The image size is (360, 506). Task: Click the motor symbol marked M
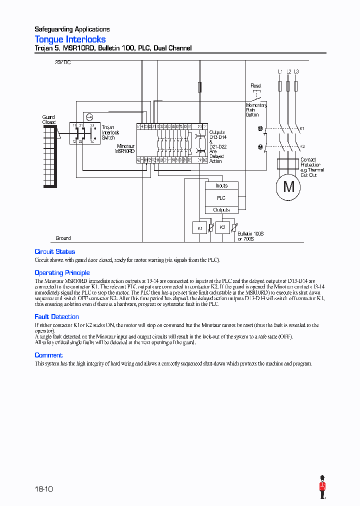pos(289,186)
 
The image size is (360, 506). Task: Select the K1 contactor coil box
pos(199,227)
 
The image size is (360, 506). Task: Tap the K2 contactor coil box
pos(223,227)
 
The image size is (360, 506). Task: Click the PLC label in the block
pos(221,198)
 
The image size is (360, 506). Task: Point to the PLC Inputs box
pos(221,185)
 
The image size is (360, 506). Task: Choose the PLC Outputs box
pos(221,210)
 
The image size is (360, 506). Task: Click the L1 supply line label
pos(280,72)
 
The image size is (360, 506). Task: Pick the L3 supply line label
pos(296,72)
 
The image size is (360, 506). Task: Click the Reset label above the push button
pos(255,86)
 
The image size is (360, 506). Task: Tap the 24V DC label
pos(62,63)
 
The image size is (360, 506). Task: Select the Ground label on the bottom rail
pos(63,238)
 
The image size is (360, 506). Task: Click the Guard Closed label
pos(48,119)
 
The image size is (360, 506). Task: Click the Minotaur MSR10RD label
pos(125,148)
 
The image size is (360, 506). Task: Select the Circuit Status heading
pos(54,251)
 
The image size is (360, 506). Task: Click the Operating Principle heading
pos(62,272)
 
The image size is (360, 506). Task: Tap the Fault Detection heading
pos(56,316)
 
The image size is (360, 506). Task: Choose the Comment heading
pos(48,355)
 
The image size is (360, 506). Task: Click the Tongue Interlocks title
pos(70,39)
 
